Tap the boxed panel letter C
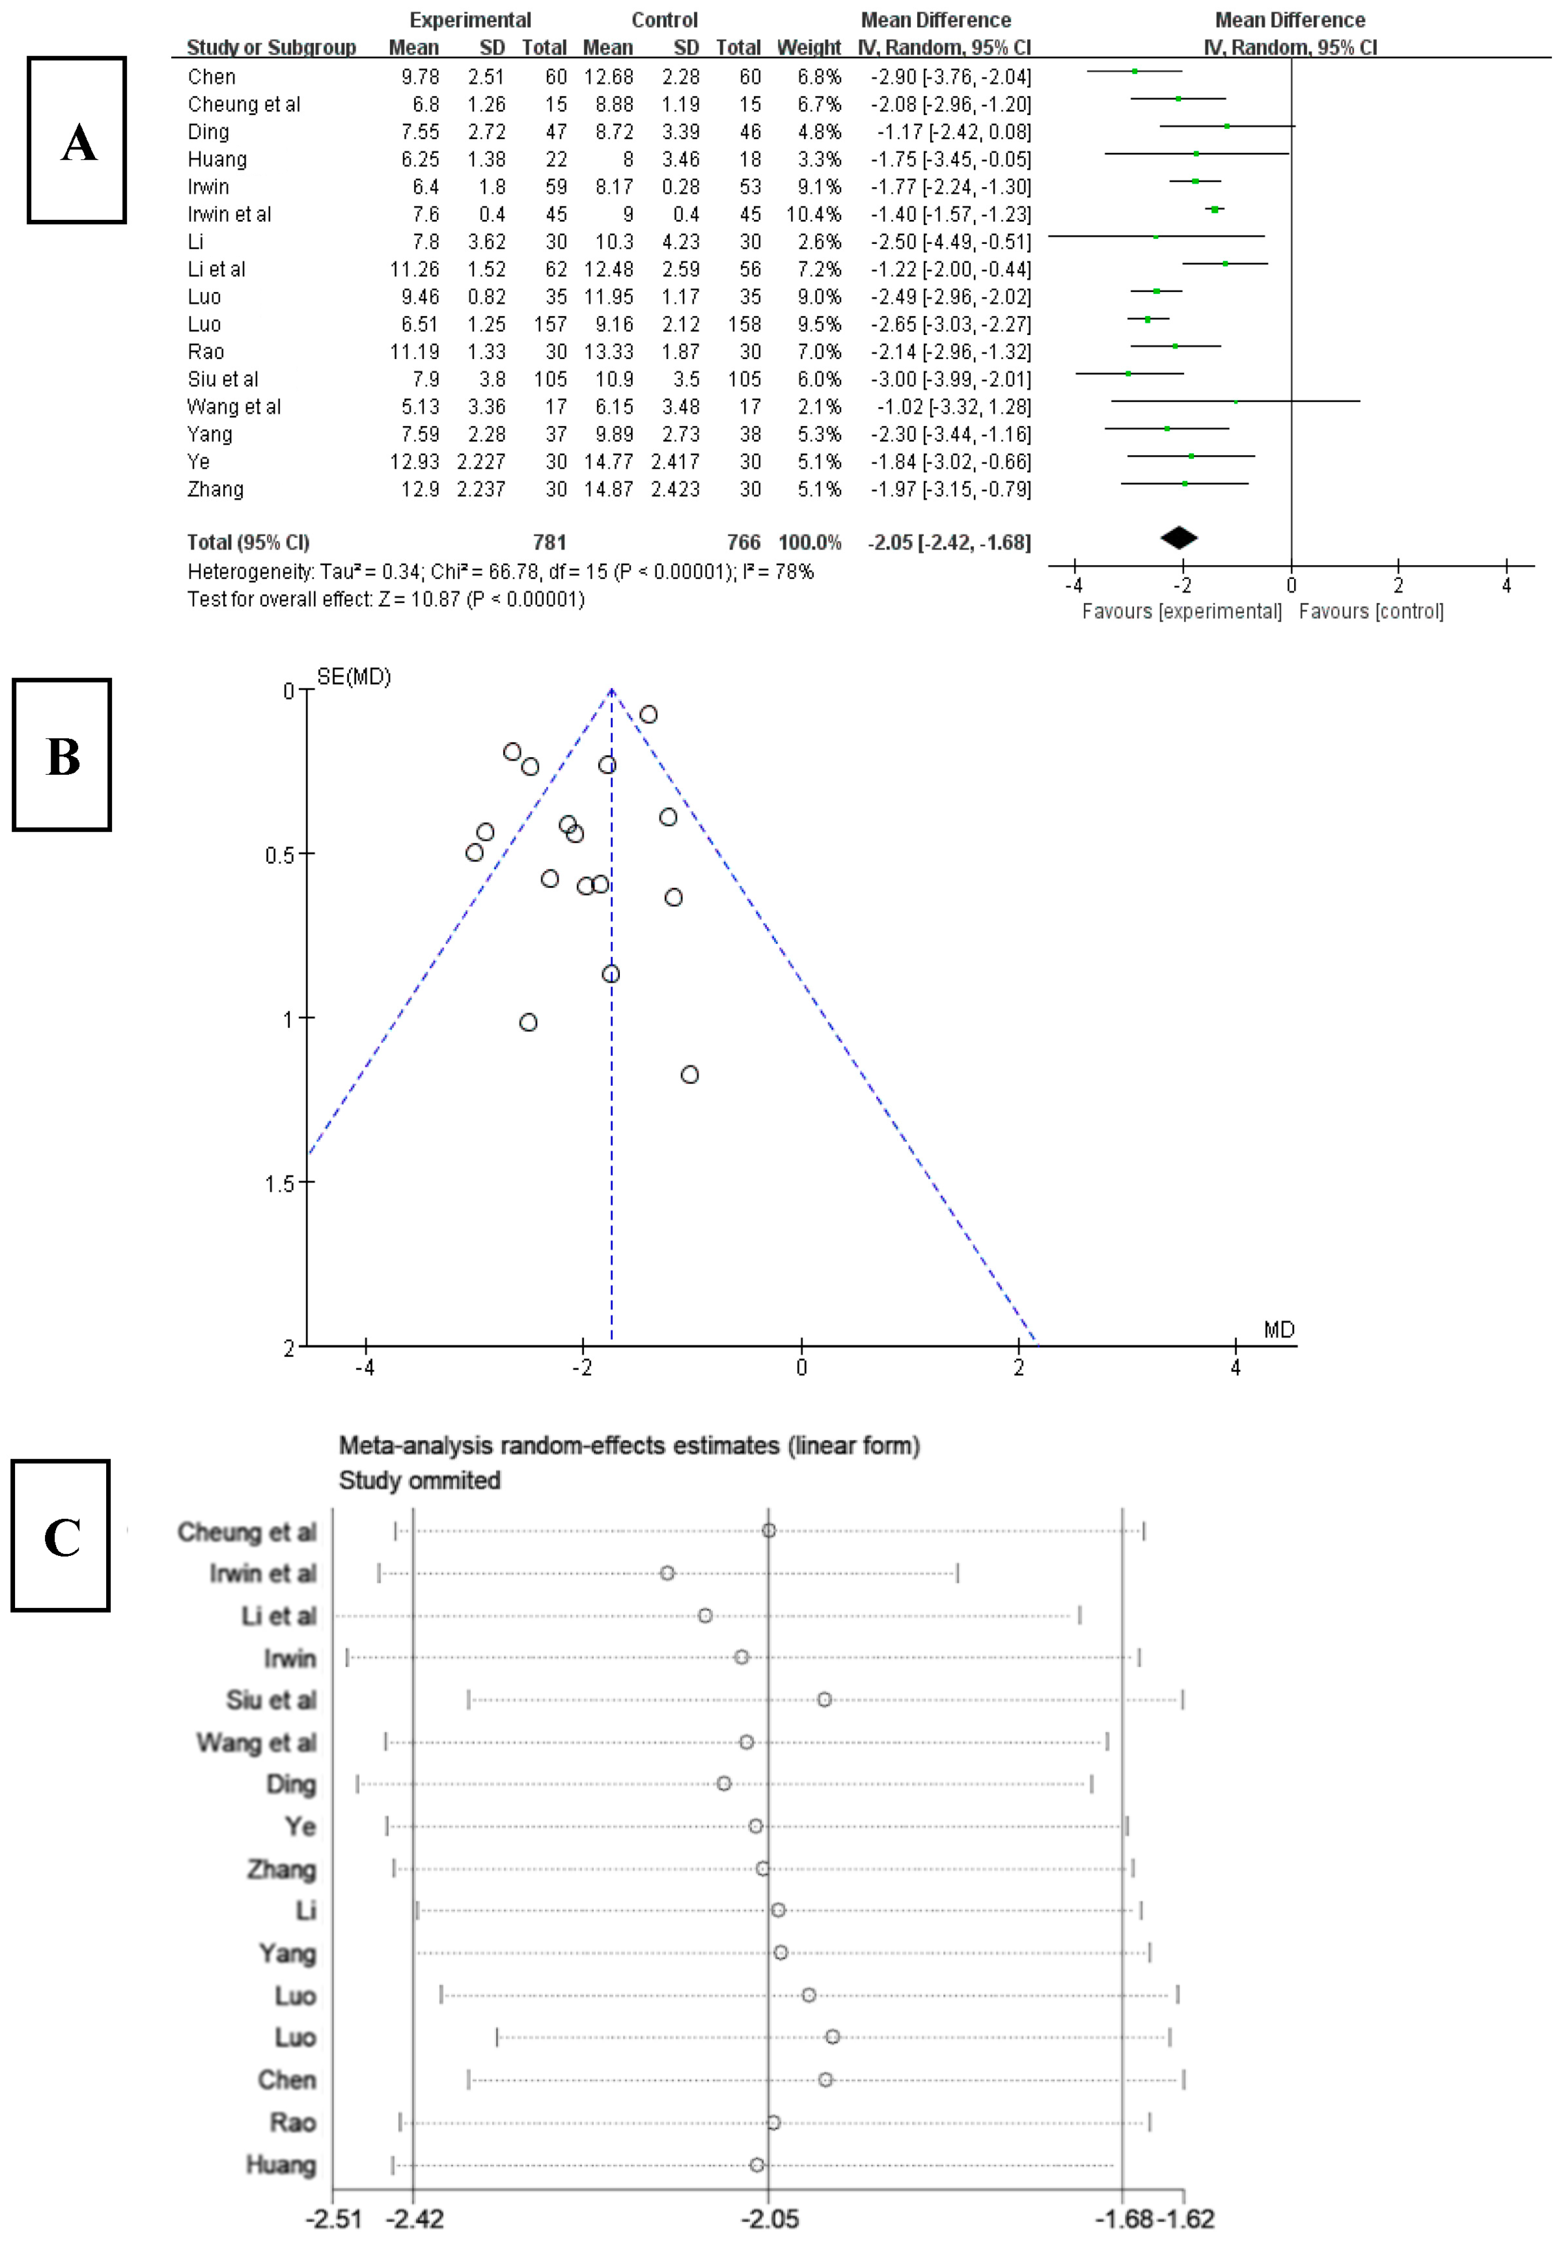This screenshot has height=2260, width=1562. pos(61,1536)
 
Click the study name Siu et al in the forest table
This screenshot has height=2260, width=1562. pos(223,379)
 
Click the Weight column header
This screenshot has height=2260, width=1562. pos(809,47)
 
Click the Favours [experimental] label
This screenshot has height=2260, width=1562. pos(1182,612)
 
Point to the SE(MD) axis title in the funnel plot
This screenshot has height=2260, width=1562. pos(353,677)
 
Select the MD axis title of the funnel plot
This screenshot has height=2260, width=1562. pos(1278,1329)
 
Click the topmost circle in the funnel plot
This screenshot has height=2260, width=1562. pos(648,715)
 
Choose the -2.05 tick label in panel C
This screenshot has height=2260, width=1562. pos(769,2218)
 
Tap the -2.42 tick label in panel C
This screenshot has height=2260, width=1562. pos(414,2218)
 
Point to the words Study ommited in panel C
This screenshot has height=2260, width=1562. pos(419,1480)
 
